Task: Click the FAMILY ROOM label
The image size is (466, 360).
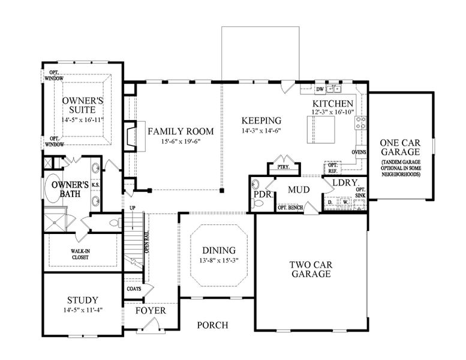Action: pyautogui.click(x=173, y=131)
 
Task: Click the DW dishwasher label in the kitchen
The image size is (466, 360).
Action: pyautogui.click(x=320, y=89)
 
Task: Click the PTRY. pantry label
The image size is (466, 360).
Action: pyautogui.click(x=279, y=167)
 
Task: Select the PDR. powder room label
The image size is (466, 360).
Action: pyautogui.click(x=261, y=196)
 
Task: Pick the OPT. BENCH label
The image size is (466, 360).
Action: pyautogui.click(x=290, y=208)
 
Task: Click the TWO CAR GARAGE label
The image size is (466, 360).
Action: pyautogui.click(x=310, y=269)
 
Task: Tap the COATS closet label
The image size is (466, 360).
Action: pyautogui.click(x=134, y=289)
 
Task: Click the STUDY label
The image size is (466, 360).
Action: pyautogui.click(x=83, y=300)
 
